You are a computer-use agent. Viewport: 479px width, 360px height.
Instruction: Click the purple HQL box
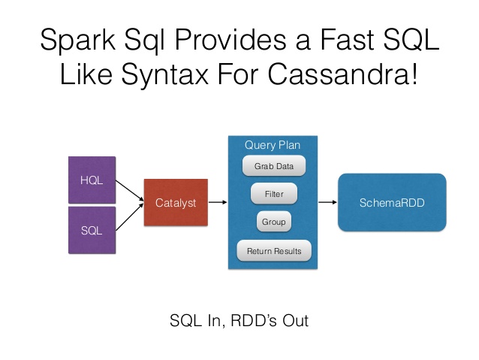point(92,180)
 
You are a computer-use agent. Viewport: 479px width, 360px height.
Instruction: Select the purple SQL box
point(92,231)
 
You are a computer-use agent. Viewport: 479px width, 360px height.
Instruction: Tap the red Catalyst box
point(176,202)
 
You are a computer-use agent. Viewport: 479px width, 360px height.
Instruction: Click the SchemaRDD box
point(392,202)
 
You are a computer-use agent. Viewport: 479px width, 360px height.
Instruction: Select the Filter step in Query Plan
point(274,194)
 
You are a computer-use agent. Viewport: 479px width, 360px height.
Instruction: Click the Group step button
point(273,222)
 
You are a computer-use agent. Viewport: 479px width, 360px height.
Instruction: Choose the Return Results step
point(273,251)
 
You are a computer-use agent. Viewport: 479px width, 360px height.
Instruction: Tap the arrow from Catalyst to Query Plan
point(217,202)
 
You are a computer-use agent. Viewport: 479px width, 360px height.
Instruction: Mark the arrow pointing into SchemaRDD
point(327,202)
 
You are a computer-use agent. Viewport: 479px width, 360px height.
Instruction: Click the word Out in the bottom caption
point(294,320)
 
